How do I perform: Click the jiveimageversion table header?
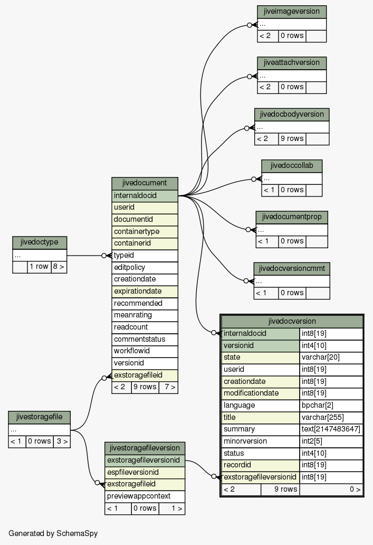coord(292,12)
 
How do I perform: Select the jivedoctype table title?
coord(40,242)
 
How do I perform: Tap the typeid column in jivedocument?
coord(145,256)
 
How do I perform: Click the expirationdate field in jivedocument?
coord(145,292)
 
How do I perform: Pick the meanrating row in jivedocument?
coord(145,315)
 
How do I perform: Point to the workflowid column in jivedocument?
coord(145,351)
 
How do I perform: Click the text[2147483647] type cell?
coord(331,429)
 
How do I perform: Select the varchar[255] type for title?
coord(331,417)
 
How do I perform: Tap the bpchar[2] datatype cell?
coord(331,405)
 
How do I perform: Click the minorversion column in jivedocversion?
coord(261,441)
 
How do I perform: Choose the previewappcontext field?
coord(145,496)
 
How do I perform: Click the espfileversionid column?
coord(145,472)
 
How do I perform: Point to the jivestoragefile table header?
coord(39,417)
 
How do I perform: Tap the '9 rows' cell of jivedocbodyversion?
coord(292,139)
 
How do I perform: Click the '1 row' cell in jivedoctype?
coord(39,267)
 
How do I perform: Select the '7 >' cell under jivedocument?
coord(168,387)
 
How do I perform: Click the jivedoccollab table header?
coord(292,166)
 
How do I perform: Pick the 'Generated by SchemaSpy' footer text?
coord(53,533)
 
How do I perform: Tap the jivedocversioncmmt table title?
coord(292,269)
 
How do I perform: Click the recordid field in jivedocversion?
coord(261,465)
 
